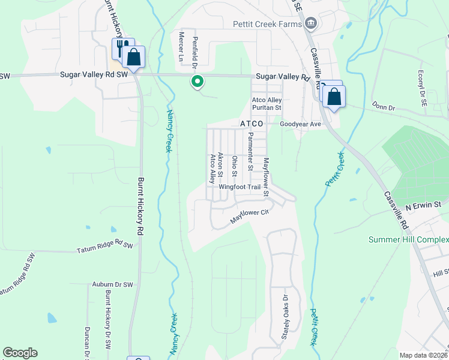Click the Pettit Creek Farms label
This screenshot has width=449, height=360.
pyautogui.click(x=267, y=24)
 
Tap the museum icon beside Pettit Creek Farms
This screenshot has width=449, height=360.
pyautogui.click(x=310, y=24)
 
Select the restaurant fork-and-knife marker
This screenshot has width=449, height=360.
pyautogui.click(x=121, y=47)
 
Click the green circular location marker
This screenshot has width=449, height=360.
pyautogui.click(x=196, y=82)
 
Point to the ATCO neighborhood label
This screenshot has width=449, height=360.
pyautogui.click(x=252, y=124)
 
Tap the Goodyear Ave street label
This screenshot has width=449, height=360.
pyautogui.click(x=301, y=124)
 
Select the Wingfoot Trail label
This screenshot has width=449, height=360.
pyautogui.click(x=240, y=187)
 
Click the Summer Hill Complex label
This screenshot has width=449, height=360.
pyautogui.click(x=408, y=240)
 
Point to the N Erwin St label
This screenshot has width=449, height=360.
pyautogui.click(x=423, y=205)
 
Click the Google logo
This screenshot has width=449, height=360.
pyautogui.click(x=20, y=353)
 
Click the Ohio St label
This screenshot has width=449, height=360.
pyautogui.click(x=235, y=166)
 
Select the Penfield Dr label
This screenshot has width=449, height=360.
pyautogui.click(x=194, y=49)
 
